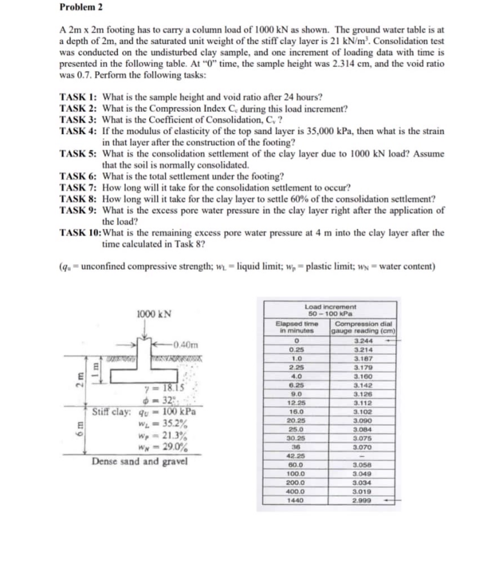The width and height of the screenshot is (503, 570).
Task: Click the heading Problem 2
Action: tap(81, 7)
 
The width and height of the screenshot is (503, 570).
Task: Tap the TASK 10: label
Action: tap(80, 233)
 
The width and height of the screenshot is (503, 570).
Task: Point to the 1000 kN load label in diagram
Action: tap(154, 314)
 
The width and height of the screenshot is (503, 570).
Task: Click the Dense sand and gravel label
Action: tap(140, 462)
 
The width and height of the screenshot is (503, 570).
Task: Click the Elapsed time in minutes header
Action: tap(297, 327)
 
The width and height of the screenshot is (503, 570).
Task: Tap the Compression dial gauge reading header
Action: tap(363, 327)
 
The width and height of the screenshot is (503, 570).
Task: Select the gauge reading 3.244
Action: tap(363, 341)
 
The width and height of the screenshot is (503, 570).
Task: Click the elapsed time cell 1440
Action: tap(296, 501)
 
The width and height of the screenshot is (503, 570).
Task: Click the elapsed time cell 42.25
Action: tap(296, 456)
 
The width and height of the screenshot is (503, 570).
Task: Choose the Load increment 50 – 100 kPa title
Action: tap(330, 310)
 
